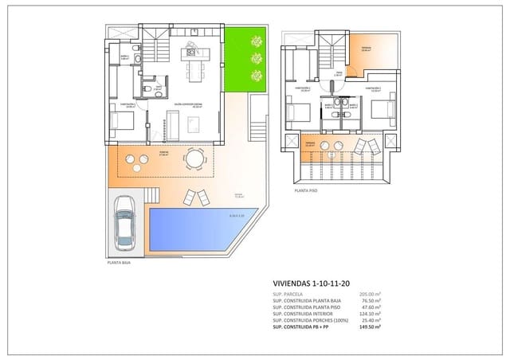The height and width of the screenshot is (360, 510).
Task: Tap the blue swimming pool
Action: pos(191,228)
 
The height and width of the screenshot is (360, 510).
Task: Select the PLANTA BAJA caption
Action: pos(120,262)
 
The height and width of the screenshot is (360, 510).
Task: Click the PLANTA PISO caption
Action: pos(308,191)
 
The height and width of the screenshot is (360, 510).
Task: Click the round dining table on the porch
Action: pos(194,159)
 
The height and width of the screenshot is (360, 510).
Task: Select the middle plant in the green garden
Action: pos(256,57)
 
